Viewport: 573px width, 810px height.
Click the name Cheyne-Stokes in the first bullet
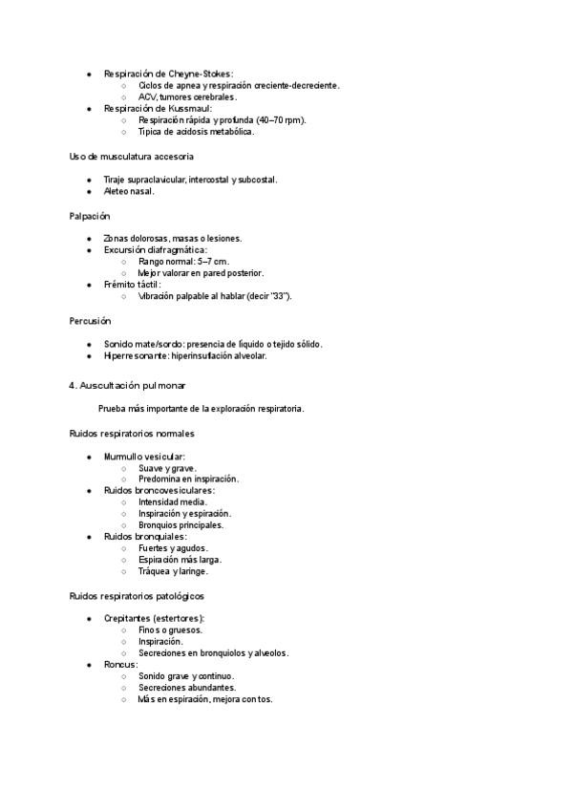coord(201,74)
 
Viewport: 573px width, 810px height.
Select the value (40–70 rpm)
coord(281,120)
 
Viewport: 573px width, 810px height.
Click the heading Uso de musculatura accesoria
coord(132,156)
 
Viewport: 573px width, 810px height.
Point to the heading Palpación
coord(90,217)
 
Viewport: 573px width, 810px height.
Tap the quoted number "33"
coord(281,296)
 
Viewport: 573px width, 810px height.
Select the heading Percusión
coord(90,321)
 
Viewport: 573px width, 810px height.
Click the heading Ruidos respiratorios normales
coord(132,433)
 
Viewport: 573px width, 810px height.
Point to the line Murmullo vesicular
coord(144,457)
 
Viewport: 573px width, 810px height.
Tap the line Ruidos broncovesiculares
coord(159,491)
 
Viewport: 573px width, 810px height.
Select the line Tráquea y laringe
coord(172,572)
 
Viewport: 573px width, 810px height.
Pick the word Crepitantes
coord(127,619)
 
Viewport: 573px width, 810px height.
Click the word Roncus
coord(120,665)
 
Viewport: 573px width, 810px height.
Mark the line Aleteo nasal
coord(129,191)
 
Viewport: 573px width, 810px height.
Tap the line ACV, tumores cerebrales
coord(187,96)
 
